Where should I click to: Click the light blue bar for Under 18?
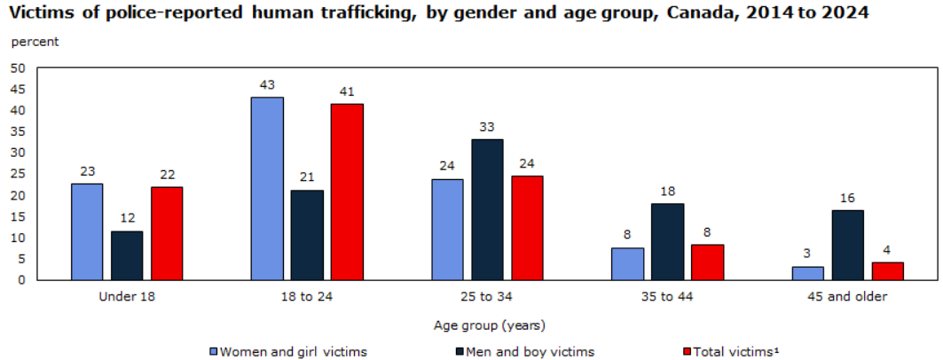(87, 232)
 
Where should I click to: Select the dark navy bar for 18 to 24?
(307, 236)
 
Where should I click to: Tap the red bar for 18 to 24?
(347, 192)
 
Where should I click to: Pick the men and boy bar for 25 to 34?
(487, 210)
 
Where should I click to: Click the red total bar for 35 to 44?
(708, 262)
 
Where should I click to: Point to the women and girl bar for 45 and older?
(807, 273)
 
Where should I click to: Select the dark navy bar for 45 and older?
(848, 246)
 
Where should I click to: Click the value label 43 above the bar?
(267, 85)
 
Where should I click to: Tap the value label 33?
(487, 128)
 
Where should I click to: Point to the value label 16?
(848, 199)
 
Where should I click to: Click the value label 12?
(127, 219)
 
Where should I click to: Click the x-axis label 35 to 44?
(668, 297)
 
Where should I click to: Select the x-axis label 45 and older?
(847, 297)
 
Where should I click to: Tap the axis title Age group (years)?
(489, 325)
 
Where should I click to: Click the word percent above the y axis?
(35, 42)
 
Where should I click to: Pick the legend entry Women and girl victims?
(288, 351)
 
